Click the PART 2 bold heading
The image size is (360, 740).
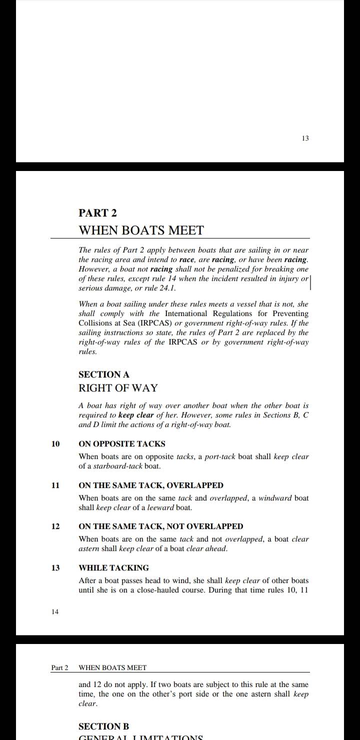[x=97, y=213]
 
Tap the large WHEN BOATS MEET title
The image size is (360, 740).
[x=141, y=230]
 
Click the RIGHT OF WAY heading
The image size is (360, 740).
[x=118, y=388]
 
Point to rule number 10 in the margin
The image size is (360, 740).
[x=55, y=444]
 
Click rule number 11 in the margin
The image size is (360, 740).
[x=55, y=485]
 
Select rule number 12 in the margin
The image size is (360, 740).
[x=55, y=526]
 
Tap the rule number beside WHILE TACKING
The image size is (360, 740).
[x=55, y=568]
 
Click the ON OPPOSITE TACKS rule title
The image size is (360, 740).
[x=122, y=444]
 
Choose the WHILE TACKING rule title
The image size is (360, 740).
[x=114, y=568]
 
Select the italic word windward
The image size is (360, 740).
[x=274, y=498]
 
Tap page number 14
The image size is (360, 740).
[x=55, y=611]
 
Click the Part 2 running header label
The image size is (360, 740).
[x=59, y=668]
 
